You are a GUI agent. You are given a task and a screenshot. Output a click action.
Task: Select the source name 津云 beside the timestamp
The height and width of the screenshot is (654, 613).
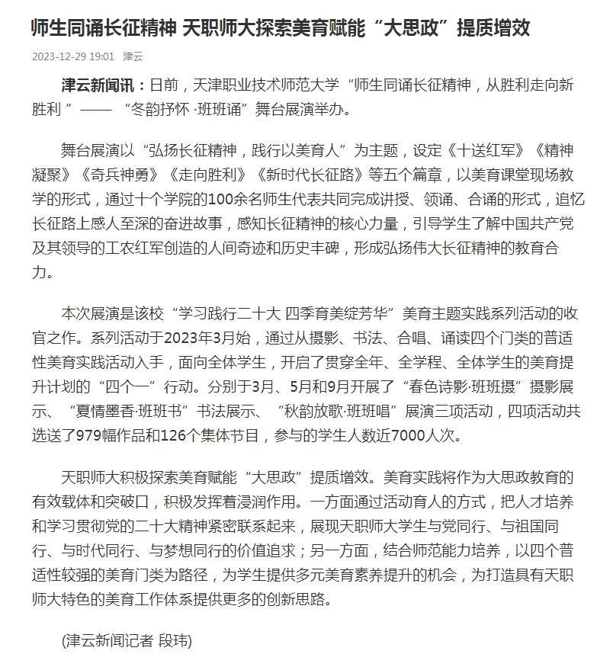(133, 56)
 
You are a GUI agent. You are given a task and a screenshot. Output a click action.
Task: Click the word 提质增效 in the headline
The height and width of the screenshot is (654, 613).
(493, 29)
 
